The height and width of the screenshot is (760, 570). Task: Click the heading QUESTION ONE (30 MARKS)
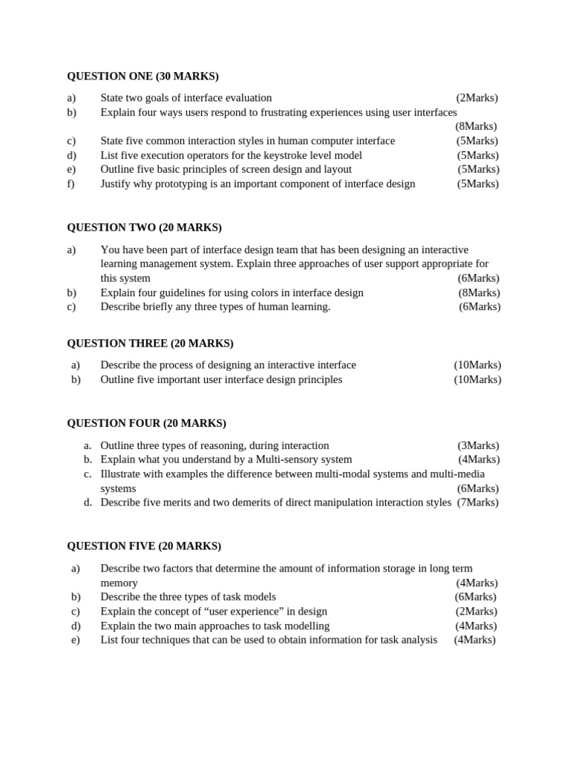click(142, 76)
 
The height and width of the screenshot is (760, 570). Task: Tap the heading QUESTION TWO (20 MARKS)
click(144, 228)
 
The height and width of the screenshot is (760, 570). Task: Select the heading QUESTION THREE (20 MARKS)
click(150, 344)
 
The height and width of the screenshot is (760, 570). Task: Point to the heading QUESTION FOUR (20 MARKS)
click(146, 424)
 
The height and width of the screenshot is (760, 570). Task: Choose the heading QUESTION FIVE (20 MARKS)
click(144, 546)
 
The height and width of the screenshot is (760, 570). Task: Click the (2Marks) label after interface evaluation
click(477, 98)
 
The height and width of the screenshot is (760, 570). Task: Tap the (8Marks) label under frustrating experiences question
click(476, 127)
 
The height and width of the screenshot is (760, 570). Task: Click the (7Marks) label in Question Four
click(478, 502)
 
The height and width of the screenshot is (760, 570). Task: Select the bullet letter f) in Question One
click(71, 184)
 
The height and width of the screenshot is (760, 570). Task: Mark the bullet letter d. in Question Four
click(88, 502)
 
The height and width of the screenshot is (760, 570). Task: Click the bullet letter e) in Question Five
click(75, 640)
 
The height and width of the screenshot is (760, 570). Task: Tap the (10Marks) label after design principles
click(477, 380)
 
